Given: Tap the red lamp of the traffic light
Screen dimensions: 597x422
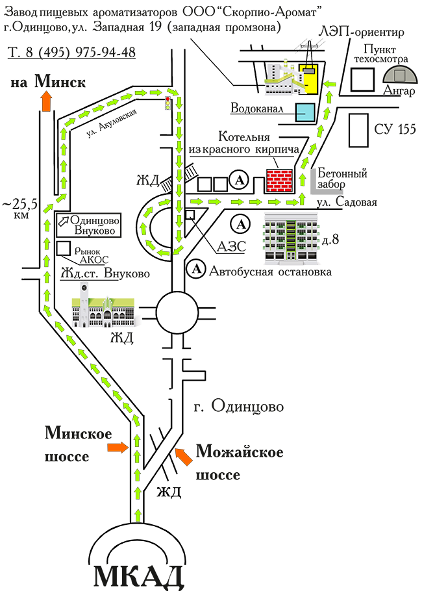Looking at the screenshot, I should (x=168, y=98).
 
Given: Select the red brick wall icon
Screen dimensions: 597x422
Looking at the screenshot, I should (x=280, y=181).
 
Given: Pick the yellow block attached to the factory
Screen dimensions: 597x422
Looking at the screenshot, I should (x=308, y=79).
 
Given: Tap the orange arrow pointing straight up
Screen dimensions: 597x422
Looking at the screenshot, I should (x=46, y=101).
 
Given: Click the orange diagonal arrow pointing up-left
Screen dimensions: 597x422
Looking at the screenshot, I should (x=184, y=457).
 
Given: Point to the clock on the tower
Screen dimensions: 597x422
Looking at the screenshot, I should (x=84, y=288).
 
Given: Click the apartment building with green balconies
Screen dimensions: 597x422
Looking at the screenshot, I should (x=292, y=240).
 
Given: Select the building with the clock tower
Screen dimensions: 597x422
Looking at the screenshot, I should (x=104, y=312).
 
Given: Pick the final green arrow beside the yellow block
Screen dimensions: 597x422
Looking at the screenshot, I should (x=330, y=84).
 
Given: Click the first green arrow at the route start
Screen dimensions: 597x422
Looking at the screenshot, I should (x=137, y=516).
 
